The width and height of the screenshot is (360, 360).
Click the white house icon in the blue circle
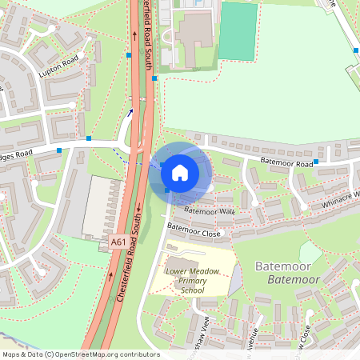[x=180, y=171]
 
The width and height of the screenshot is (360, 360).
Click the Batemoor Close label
[x=194, y=233]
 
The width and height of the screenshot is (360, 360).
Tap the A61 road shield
[x=118, y=242]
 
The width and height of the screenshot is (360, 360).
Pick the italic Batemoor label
[x=293, y=279]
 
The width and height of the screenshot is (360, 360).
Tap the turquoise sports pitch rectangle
[x=238, y=31]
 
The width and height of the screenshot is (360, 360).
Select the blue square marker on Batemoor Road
[x=316, y=162]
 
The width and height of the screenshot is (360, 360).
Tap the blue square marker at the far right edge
[x=356, y=50]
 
